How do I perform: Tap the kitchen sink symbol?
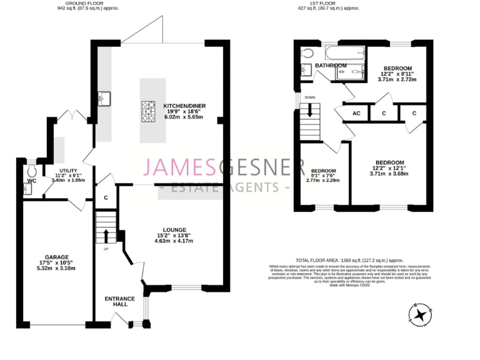104,99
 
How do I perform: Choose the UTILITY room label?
67,170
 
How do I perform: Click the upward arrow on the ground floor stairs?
105,236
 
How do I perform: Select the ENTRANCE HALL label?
119,301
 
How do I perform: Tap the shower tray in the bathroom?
350,72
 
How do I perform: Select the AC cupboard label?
356,113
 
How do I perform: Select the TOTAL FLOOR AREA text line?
349,260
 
